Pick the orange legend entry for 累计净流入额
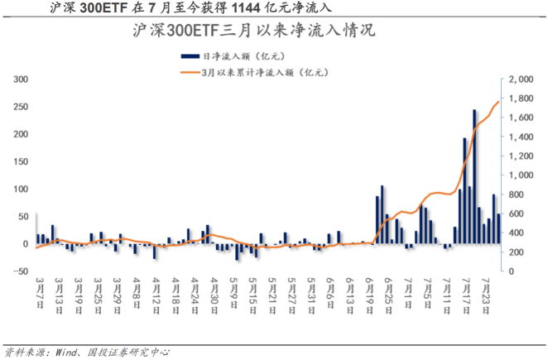tap(263, 73)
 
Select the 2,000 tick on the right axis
tap(522, 79)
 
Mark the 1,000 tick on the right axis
tap(522, 175)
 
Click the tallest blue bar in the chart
tap(474, 175)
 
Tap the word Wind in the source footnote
tap(69, 351)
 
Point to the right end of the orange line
tap(498, 102)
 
